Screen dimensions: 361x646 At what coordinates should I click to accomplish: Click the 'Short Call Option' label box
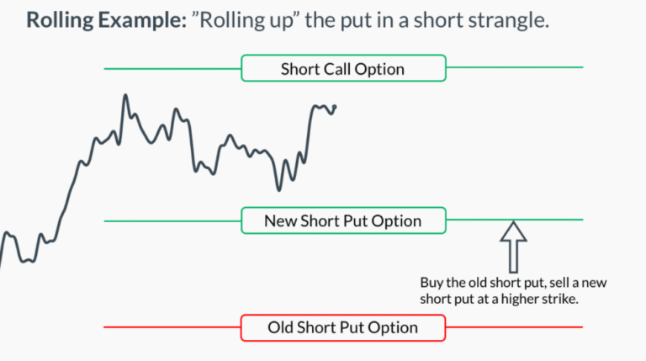[x=342, y=69]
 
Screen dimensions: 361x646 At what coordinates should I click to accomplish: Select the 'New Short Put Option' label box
[x=342, y=221]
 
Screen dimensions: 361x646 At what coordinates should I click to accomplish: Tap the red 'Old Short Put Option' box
[x=342, y=327]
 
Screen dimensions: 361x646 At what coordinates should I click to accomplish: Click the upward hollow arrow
[x=513, y=244]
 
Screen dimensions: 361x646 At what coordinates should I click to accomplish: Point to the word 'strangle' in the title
[x=509, y=21]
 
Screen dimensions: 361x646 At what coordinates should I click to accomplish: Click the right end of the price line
[x=335, y=106]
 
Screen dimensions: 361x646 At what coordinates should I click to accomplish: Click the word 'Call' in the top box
[x=339, y=69]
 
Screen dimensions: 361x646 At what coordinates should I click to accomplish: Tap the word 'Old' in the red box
[x=283, y=327]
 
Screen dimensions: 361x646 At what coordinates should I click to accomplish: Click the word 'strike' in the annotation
[x=560, y=300]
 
